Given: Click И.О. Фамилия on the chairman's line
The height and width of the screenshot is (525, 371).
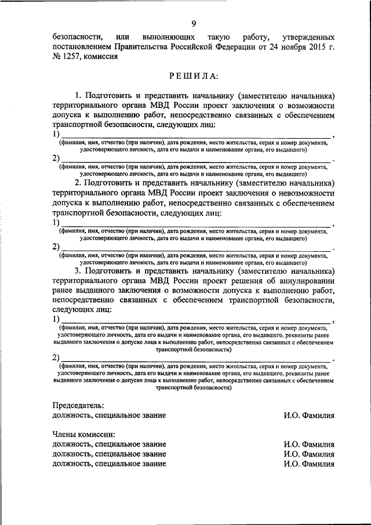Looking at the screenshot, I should (309, 415).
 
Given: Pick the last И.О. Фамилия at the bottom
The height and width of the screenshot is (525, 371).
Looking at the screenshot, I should (309, 464).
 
